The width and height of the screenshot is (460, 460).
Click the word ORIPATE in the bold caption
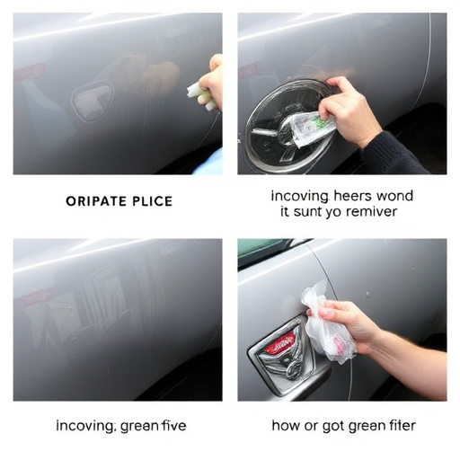click(x=96, y=201)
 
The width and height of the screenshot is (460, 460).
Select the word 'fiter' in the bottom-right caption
click(x=396, y=425)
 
